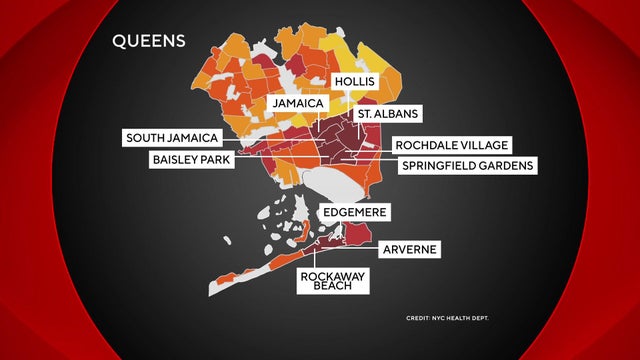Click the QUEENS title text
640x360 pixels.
point(148,43)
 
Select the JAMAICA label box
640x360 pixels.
point(294,103)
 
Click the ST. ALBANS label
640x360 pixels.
point(388,115)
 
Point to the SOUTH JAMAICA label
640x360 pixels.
point(173,138)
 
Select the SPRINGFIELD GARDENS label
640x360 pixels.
point(467,165)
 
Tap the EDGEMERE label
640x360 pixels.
point(354,213)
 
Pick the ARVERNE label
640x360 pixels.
point(410,248)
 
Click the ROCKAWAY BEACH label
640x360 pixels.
point(334,278)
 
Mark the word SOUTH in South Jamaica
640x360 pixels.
point(151,138)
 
